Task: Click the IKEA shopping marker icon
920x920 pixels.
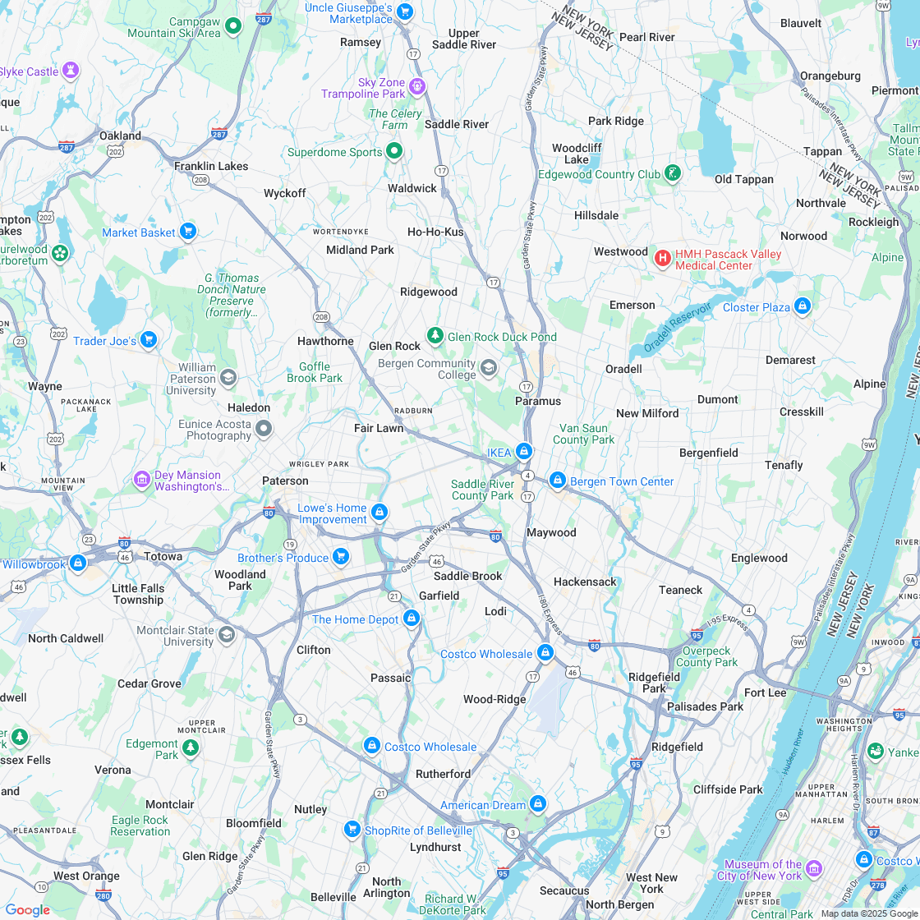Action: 524,452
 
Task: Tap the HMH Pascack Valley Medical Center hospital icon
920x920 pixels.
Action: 662,259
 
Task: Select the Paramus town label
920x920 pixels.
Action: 538,401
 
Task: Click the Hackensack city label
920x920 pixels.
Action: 585,582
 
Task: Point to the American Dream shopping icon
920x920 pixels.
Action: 538,804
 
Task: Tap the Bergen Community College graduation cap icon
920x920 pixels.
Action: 489,368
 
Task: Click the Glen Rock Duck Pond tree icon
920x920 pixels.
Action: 435,336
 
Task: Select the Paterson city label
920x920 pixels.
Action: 285,481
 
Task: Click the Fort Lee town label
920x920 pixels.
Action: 765,692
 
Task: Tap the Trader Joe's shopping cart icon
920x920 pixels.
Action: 148,340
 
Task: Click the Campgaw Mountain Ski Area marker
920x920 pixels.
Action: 232,26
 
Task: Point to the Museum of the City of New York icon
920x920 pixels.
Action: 814,869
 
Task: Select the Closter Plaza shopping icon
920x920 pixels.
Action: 803,307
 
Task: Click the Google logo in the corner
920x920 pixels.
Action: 27,909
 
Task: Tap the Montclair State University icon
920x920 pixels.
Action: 227,634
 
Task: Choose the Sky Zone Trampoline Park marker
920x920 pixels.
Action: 417,85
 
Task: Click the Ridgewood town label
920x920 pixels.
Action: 428,292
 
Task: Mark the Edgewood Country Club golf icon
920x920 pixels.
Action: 673,173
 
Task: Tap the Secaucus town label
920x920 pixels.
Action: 564,890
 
